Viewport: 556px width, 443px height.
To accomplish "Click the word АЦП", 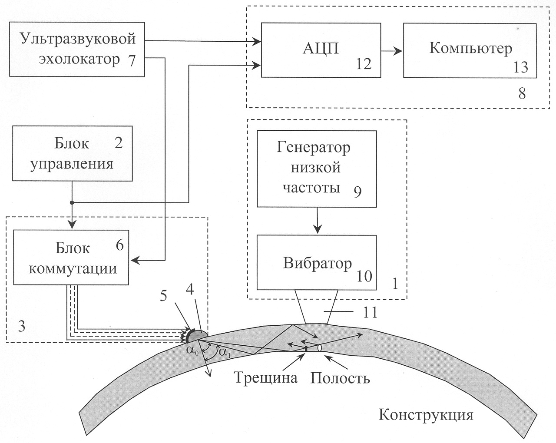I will (x=321, y=49).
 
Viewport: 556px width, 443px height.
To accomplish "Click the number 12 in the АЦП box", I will (x=363, y=64).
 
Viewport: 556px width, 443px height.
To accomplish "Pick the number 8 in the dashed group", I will (x=522, y=93).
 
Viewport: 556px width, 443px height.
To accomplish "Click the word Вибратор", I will (x=318, y=264).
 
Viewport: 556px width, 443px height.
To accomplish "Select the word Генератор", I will (x=314, y=148).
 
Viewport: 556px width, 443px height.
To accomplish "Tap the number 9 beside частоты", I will (x=357, y=192).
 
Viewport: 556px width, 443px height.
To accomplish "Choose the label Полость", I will (x=340, y=377).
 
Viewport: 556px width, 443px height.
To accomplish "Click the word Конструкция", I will (x=426, y=414).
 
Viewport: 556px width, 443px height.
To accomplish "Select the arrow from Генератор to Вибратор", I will (x=317, y=221).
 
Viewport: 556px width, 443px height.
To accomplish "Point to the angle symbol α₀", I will (x=193, y=352).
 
